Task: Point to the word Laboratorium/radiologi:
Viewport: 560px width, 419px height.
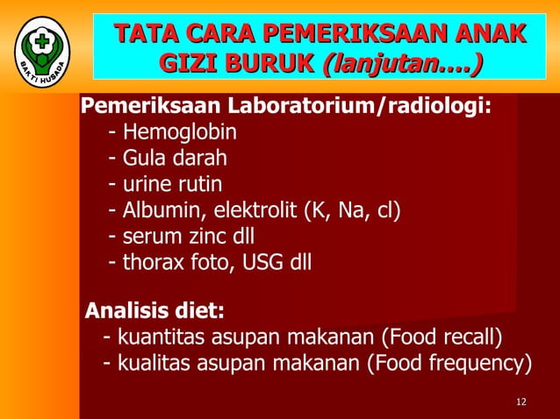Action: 361,108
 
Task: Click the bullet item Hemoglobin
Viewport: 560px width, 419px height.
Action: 179,133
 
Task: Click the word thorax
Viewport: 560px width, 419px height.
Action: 155,262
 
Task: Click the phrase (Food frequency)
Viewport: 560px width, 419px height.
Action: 449,363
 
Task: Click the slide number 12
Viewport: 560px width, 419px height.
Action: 521,402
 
